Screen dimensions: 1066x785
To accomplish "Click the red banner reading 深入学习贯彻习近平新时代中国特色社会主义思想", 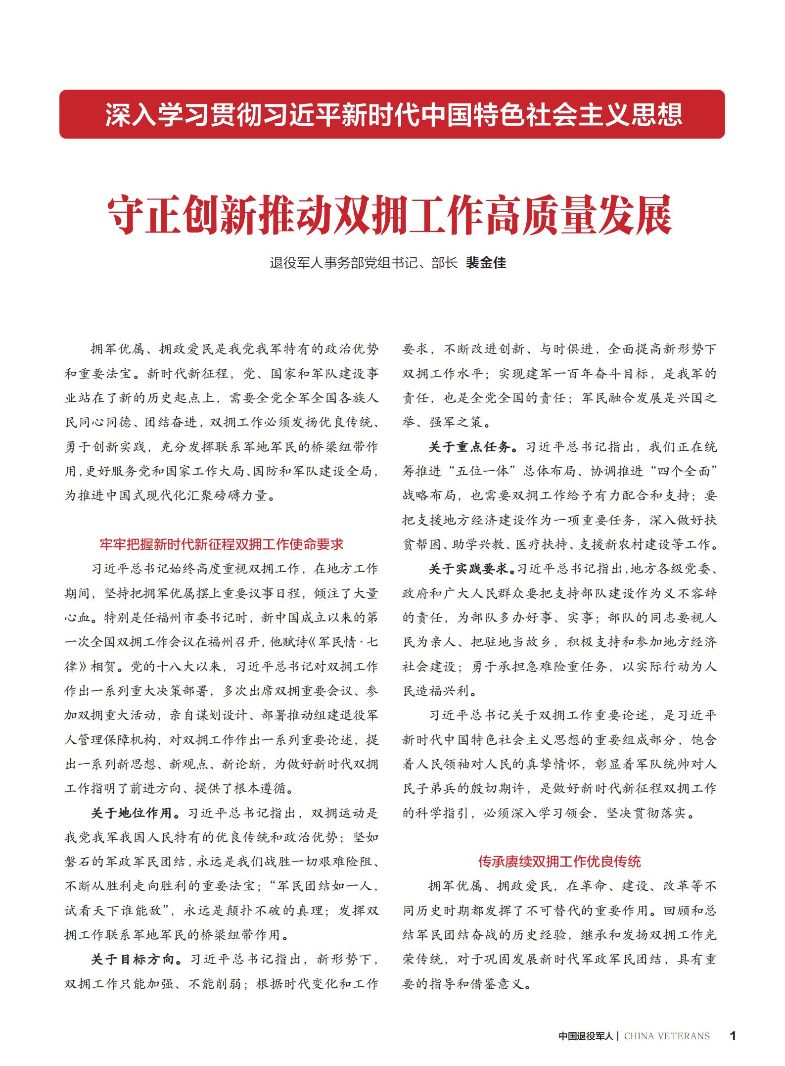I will coord(392,114).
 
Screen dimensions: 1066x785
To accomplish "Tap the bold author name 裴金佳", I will coord(486,263).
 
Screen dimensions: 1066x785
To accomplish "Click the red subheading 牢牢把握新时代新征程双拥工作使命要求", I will coord(222,544).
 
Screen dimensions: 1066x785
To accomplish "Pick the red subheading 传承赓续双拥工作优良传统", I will coord(559,862).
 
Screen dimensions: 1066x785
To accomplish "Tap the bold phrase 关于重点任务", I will coord(469,447).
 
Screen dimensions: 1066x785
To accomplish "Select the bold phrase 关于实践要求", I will coord(469,569).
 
